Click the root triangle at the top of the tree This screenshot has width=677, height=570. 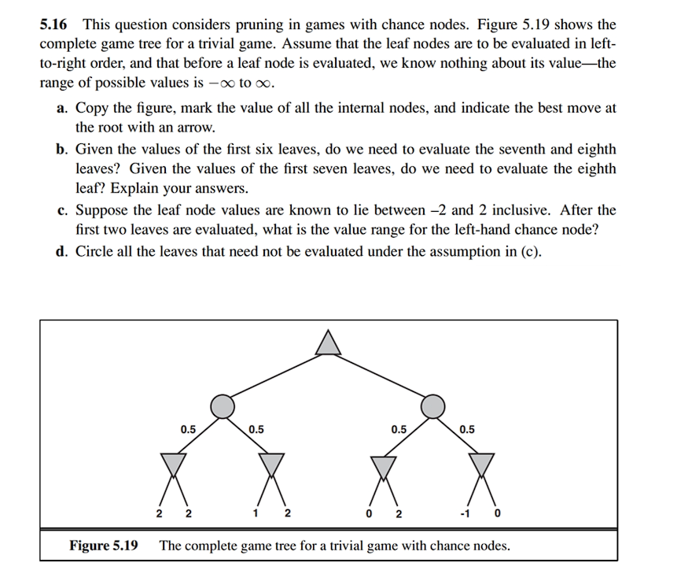(x=328, y=343)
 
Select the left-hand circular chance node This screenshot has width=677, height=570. (x=223, y=406)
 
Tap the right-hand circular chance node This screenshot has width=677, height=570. (x=432, y=406)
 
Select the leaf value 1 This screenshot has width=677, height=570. (x=256, y=515)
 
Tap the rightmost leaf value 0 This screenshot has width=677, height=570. (x=497, y=515)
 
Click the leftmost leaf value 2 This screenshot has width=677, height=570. (x=160, y=515)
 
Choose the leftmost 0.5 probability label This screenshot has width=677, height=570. (x=188, y=430)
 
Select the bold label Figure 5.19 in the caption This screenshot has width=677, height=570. (x=104, y=545)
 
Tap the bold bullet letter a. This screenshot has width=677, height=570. (x=61, y=109)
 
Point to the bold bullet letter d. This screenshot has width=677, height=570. (x=61, y=252)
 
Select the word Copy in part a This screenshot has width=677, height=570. (x=90, y=109)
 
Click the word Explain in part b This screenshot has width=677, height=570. (x=135, y=189)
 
